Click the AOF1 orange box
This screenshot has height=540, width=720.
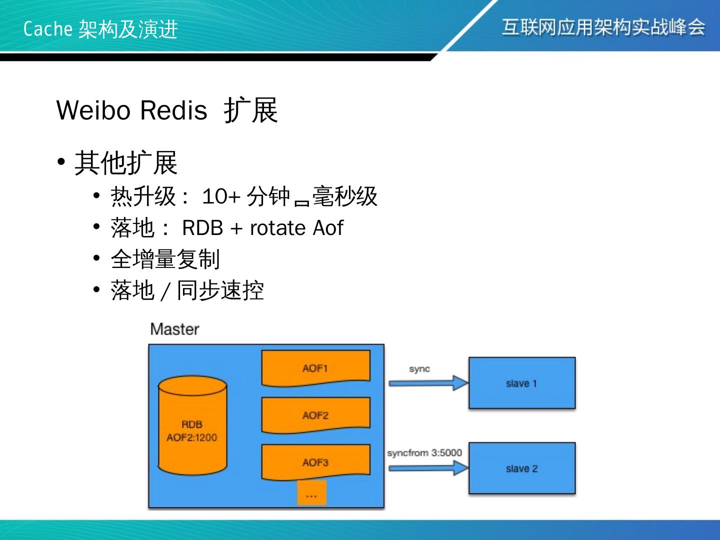(x=315, y=368)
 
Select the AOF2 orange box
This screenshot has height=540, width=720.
(x=315, y=415)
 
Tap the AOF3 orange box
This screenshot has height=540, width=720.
(x=315, y=462)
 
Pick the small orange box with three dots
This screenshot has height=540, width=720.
(x=311, y=493)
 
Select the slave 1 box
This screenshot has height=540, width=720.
(x=521, y=383)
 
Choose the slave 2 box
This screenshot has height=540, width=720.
(x=521, y=468)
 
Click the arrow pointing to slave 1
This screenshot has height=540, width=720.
(x=428, y=383)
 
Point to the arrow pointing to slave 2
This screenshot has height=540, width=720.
(x=428, y=468)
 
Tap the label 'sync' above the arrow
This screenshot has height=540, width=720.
(x=419, y=369)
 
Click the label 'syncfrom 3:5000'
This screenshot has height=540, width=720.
(x=424, y=453)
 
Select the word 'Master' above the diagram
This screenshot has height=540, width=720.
(x=174, y=329)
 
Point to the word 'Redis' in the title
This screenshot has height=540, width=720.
(x=173, y=110)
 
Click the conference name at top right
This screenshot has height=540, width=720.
(x=603, y=27)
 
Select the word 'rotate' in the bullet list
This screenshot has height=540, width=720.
(x=278, y=228)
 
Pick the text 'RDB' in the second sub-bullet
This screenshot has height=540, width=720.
(x=202, y=228)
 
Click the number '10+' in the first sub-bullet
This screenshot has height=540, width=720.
(x=221, y=196)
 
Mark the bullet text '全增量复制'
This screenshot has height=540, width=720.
(x=165, y=259)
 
